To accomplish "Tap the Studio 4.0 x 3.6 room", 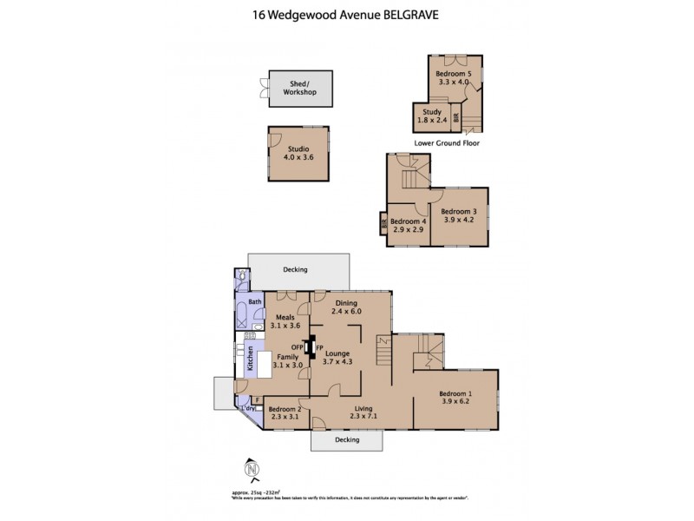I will pos(298,154).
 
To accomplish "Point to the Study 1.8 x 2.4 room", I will pos(432,116).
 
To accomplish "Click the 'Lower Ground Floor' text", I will pos(446,142).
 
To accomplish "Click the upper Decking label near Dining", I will pos(295,270).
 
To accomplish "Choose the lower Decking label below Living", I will pos(347,441).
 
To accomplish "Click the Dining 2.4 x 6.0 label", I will pos(345,307).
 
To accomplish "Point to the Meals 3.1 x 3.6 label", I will pos(285,322).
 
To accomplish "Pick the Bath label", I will pos(255,302).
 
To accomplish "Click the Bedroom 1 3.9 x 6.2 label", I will pos(455,396).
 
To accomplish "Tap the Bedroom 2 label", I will pos(285,412).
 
